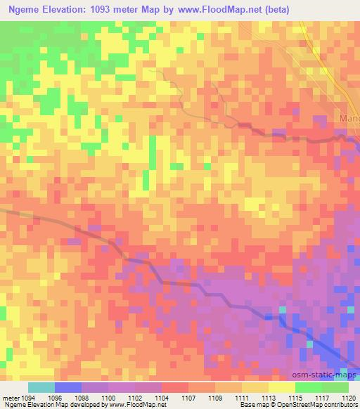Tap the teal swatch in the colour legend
tap(41, 387)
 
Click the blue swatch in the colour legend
tap(68, 387)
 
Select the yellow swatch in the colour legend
tap(281, 387)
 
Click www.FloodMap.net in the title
tap(216, 9)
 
